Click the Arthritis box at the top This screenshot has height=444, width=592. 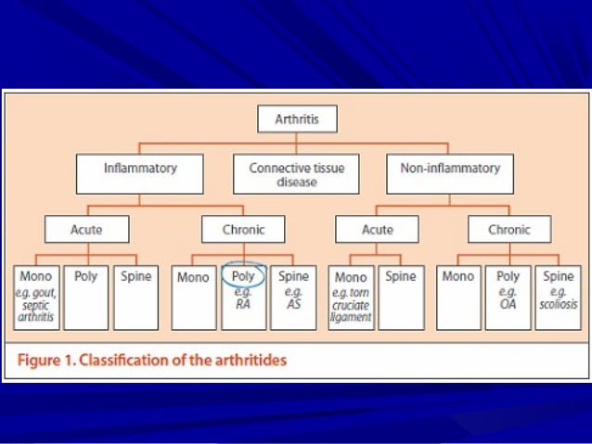pyautogui.click(x=295, y=120)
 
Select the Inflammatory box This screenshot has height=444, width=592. pyautogui.click(x=139, y=174)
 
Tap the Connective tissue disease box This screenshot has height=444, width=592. pyautogui.click(x=295, y=174)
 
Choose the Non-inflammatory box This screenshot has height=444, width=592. pyautogui.click(x=449, y=174)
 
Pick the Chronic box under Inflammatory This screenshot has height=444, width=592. pyautogui.click(x=243, y=229)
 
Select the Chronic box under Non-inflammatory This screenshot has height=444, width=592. pyautogui.click(x=509, y=229)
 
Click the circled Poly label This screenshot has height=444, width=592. pyautogui.click(x=243, y=276)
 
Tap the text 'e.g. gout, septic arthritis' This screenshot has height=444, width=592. pyautogui.click(x=36, y=303)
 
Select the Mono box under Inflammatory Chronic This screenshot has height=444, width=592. pyautogui.click(x=193, y=298)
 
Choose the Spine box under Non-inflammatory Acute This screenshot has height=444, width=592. pyautogui.click(x=401, y=298)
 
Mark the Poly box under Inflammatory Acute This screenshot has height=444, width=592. pyautogui.click(x=85, y=298)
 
